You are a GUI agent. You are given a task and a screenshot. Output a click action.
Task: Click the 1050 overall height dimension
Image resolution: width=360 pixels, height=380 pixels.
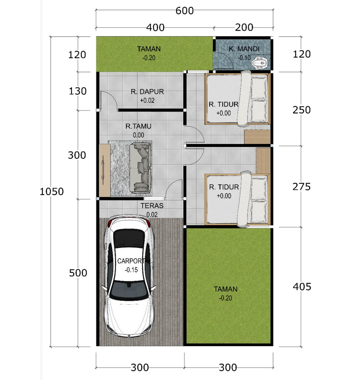click(x=52, y=191)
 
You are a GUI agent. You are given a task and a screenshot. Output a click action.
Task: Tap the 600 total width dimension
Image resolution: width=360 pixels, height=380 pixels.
click(x=184, y=11)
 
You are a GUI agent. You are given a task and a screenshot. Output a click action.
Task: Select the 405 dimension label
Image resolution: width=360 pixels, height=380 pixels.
click(x=302, y=286)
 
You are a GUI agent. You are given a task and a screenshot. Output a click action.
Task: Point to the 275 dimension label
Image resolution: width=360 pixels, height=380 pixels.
click(x=301, y=187)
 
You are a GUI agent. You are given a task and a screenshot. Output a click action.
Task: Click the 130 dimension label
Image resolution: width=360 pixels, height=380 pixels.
click(x=78, y=91)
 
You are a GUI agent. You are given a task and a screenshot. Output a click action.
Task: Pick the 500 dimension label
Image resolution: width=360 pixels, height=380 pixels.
click(x=78, y=273)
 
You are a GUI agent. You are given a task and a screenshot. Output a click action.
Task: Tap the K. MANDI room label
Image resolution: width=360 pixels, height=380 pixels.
click(x=244, y=49)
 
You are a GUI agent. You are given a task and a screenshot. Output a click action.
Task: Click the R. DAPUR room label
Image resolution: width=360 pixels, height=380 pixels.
click(x=147, y=92)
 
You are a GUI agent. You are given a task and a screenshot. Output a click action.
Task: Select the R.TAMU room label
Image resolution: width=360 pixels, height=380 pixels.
click(x=138, y=126)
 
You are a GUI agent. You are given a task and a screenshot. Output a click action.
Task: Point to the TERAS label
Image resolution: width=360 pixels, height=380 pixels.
click(x=152, y=206)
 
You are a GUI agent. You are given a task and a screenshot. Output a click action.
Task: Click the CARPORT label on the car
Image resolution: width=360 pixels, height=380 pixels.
click(x=131, y=261)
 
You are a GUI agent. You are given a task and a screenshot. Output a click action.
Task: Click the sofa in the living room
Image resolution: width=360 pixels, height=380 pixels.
click(x=140, y=168)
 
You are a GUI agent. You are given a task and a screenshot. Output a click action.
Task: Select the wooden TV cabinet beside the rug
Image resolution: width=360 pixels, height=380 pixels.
click(x=105, y=170)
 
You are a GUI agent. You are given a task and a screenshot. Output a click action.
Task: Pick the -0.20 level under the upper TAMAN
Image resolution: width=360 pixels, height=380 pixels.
click(x=149, y=58)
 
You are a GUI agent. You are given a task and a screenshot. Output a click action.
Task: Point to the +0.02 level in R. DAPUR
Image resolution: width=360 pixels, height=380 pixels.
click(x=147, y=100)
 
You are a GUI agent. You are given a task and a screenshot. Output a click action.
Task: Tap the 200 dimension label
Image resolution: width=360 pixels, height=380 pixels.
click(x=244, y=28)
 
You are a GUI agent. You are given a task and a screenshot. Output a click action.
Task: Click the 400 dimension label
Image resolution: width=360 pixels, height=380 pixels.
click(x=155, y=28)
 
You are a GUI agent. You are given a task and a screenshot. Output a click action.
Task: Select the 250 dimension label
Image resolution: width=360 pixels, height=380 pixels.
click(x=301, y=110)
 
